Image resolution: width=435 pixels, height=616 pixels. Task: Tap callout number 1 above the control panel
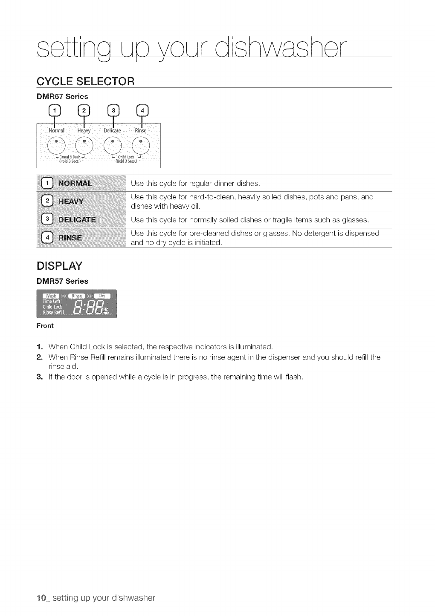(55, 111)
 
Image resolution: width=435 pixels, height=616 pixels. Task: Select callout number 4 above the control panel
(142, 111)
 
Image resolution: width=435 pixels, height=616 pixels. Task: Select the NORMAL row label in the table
(75, 184)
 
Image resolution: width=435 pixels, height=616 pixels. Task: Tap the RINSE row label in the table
(70, 238)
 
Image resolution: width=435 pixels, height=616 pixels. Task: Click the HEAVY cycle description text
(252, 201)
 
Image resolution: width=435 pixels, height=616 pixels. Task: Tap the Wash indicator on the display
(51, 296)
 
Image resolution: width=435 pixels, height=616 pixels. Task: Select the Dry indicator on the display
(102, 296)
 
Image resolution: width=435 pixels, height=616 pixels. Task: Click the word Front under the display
(45, 326)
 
